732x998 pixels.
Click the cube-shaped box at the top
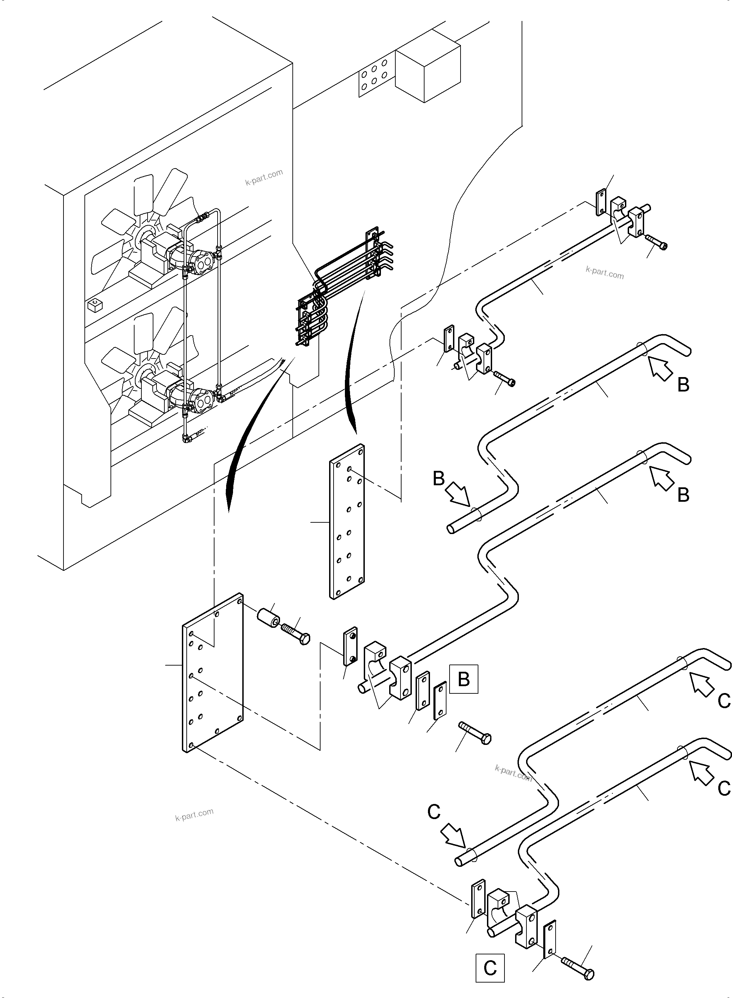428,72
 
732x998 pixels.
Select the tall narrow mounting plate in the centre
347,522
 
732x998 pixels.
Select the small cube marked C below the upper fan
95,305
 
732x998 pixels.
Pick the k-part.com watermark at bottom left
194,815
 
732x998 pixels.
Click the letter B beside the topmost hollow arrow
683,384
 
